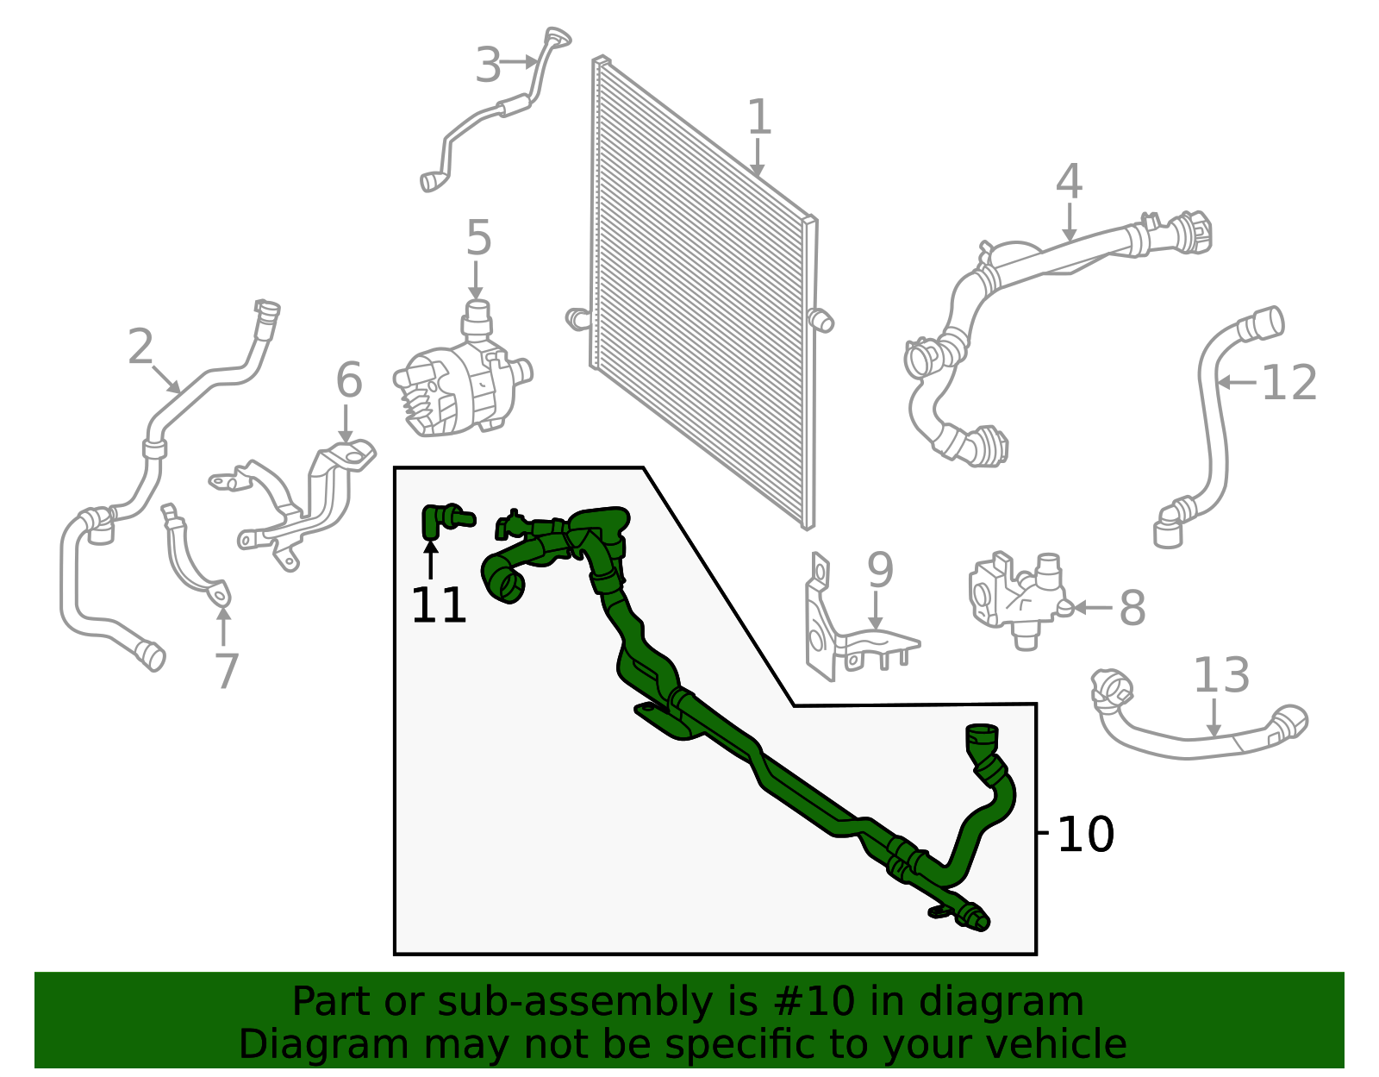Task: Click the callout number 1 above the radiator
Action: [x=759, y=116]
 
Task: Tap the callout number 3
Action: [x=488, y=64]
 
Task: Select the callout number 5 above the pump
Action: [x=478, y=238]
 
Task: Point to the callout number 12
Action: [x=1289, y=383]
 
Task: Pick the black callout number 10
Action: [x=1086, y=835]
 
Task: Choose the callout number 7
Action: [x=227, y=671]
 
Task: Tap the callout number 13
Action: [x=1221, y=674]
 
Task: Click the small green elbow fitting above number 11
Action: [x=444, y=521]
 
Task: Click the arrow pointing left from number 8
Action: [x=1091, y=607]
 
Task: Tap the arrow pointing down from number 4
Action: [x=1070, y=222]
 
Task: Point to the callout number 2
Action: [x=140, y=347]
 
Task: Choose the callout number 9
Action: [x=881, y=570]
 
